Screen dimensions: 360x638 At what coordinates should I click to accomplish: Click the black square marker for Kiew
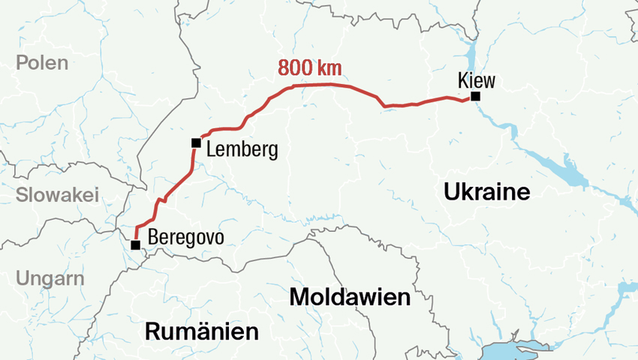coord(475,97)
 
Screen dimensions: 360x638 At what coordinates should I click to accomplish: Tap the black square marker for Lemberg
coord(196,142)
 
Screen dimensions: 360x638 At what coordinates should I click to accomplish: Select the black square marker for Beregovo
coord(135,244)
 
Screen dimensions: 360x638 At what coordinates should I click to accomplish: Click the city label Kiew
coord(477,80)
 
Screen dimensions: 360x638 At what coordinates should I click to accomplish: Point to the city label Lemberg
coord(242,149)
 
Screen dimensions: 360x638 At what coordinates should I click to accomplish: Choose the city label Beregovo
coord(186,238)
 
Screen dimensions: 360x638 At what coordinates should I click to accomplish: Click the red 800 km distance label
coord(310,68)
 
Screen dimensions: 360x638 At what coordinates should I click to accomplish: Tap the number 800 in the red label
coord(295,68)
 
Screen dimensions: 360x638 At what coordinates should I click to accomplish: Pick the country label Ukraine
coord(486,192)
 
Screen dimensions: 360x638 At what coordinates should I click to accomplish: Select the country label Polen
coord(42,63)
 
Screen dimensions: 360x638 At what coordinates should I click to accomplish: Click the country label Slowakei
coord(57,195)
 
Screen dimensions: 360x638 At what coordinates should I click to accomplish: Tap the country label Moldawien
coord(350,298)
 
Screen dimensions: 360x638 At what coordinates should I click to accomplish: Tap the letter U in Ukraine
coord(450,192)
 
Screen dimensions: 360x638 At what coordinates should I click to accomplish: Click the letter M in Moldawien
coord(299,298)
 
